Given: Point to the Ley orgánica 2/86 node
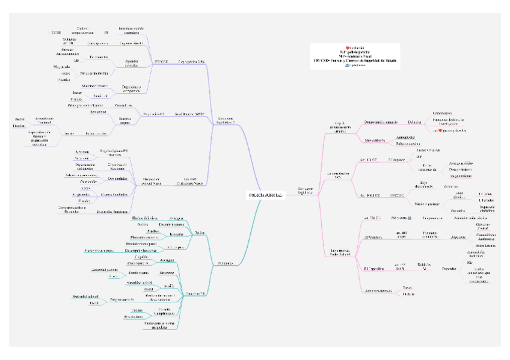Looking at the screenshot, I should click(x=192, y=61).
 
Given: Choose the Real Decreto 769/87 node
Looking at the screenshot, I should click(x=189, y=114).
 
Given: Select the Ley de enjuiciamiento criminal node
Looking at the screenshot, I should click(x=340, y=127).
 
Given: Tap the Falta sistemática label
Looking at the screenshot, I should click(x=407, y=144).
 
